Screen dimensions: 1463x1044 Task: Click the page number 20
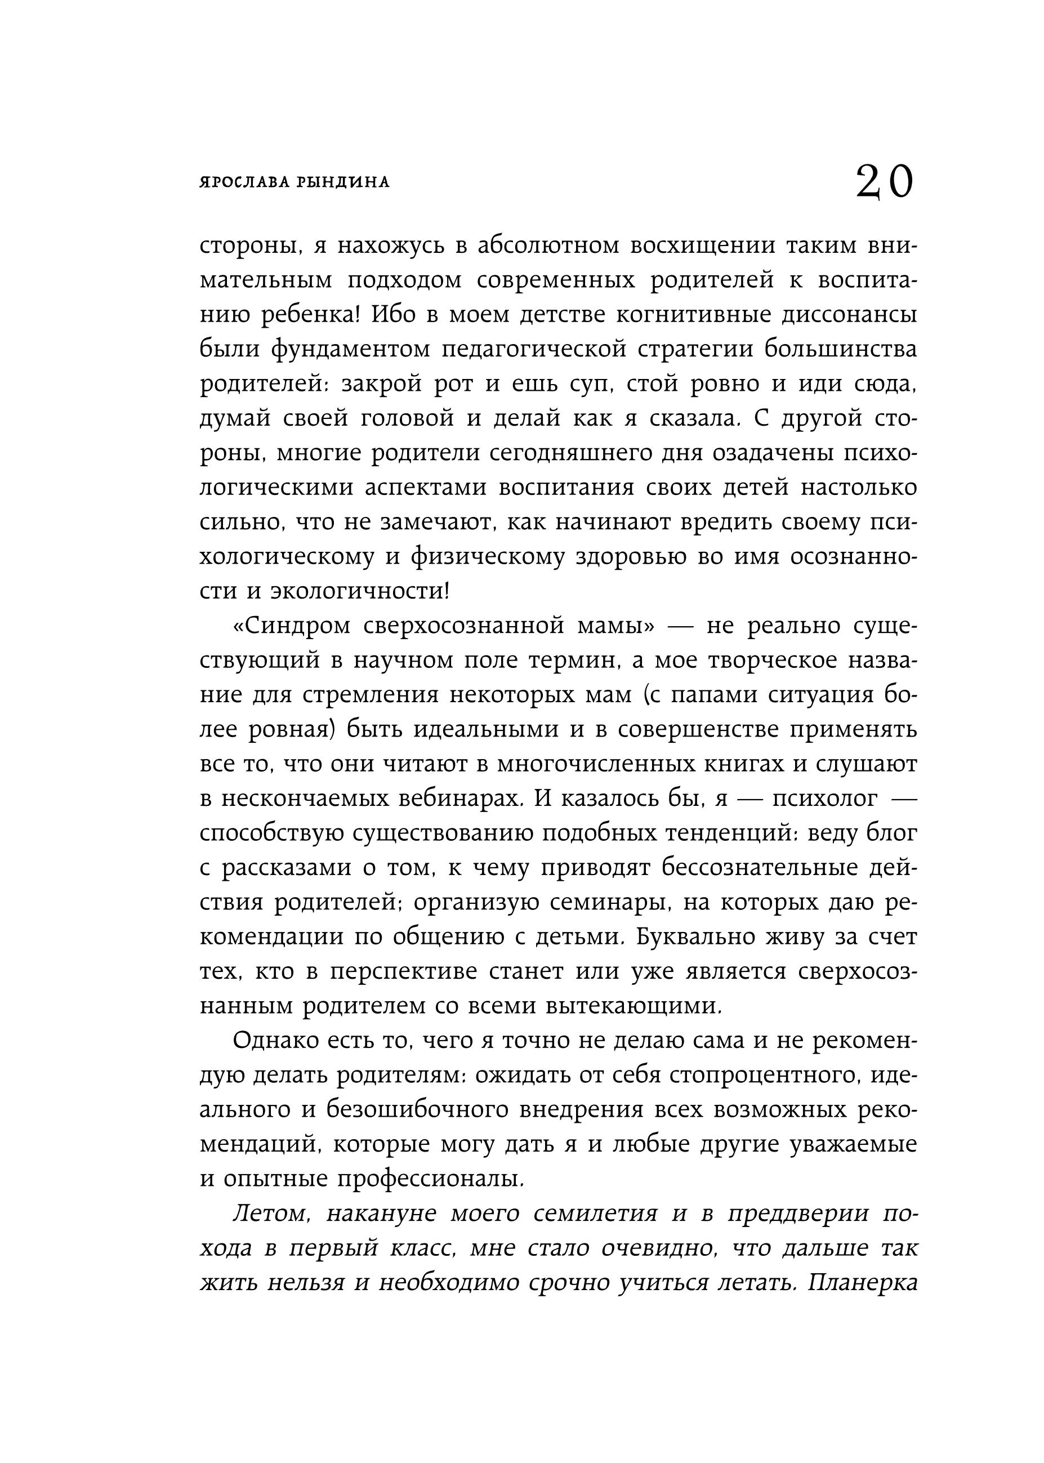point(884,182)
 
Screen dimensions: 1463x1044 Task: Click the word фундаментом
point(351,350)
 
